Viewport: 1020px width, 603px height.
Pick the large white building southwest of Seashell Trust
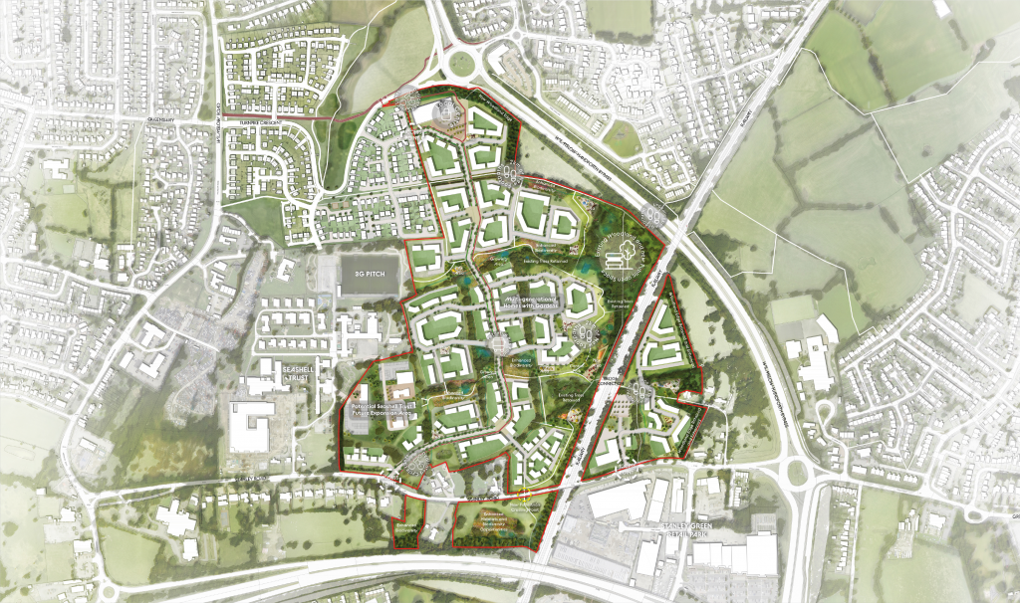click(x=250, y=429)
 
